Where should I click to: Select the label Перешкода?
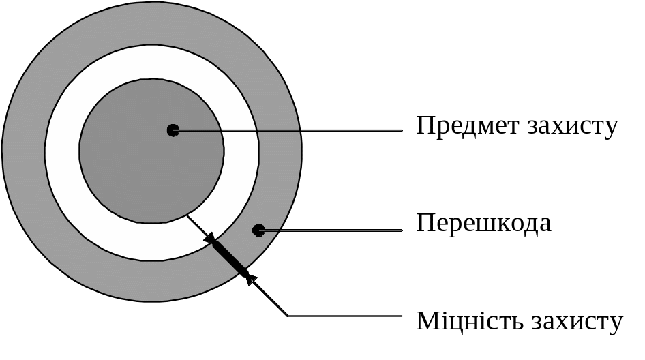point(483,224)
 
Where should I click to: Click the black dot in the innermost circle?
point(173,130)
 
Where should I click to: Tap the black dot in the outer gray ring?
point(258,230)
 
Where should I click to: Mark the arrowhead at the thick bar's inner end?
point(211,239)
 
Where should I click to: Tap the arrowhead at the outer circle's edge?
point(250,277)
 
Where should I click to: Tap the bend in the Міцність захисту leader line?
point(288,316)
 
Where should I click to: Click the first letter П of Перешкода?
point(425,224)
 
